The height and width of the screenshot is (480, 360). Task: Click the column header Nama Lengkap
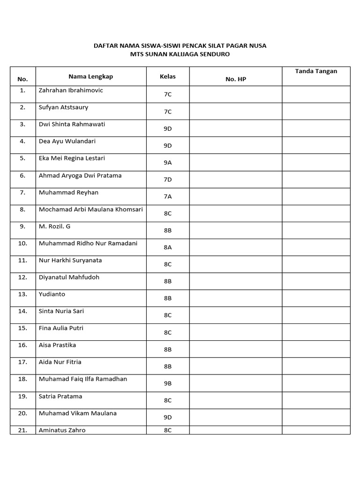(90, 76)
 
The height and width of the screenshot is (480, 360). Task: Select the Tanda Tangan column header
(316, 71)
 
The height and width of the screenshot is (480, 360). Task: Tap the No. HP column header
(235, 79)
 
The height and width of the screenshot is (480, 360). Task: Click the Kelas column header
(167, 76)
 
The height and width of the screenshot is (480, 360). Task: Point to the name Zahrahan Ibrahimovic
(71, 90)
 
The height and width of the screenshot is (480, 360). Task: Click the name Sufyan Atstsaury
(63, 107)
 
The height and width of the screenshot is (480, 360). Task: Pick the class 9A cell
(167, 163)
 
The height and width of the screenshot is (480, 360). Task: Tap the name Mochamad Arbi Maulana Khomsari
(91, 210)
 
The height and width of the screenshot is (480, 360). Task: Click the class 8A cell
(167, 247)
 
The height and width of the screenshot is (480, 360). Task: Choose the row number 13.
(22, 294)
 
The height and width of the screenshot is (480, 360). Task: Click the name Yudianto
(52, 294)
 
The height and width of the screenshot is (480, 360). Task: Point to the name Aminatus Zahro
(62, 430)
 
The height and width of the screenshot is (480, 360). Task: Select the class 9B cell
(167, 383)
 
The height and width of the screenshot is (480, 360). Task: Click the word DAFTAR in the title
(106, 45)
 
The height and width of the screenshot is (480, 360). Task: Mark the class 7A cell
(167, 197)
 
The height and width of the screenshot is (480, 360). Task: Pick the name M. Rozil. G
(55, 226)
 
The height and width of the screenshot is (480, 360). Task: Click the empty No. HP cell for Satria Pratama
(235, 400)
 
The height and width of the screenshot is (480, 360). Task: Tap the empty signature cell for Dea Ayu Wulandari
(316, 145)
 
